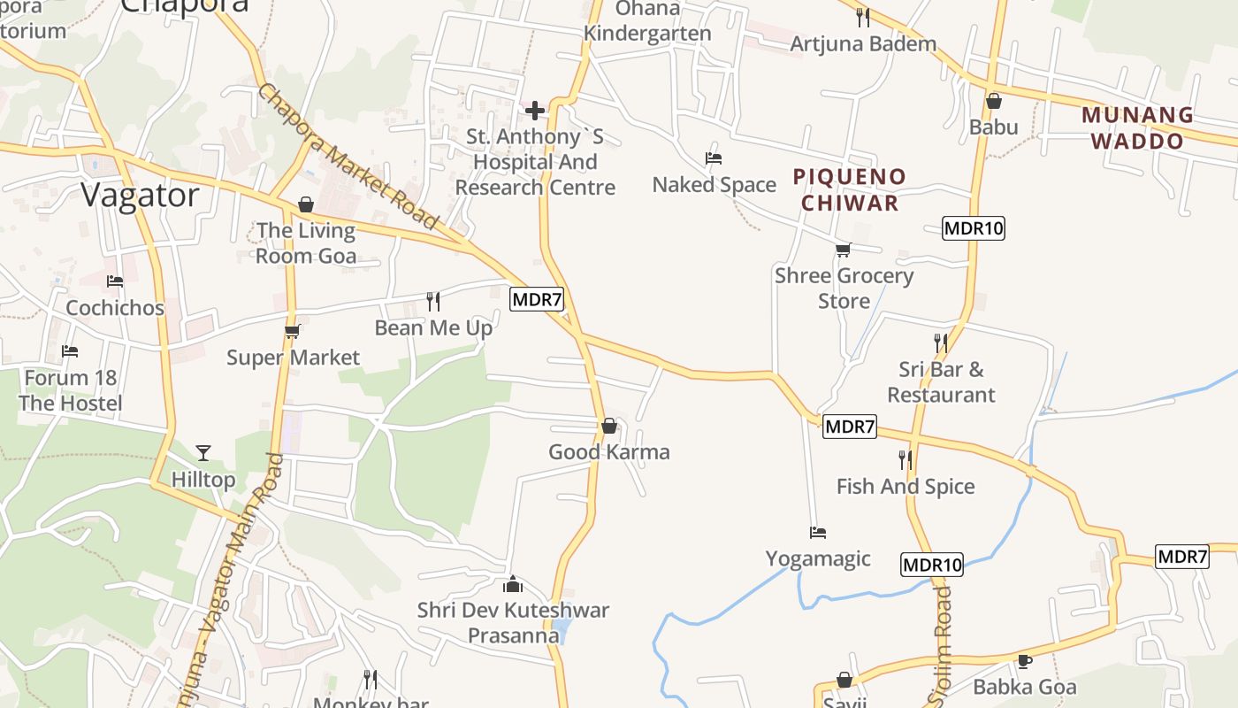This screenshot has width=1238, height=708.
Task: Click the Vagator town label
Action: coord(141,196)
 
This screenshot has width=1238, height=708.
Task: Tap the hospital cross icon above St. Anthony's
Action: coord(535,111)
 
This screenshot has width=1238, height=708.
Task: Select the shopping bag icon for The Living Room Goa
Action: coord(306,204)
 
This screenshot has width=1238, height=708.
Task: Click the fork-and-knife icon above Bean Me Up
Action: coord(433,302)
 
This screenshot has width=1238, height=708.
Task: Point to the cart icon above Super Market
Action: coord(292,332)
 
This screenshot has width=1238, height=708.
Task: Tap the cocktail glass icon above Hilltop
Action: coord(203,453)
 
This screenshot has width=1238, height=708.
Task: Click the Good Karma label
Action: coord(609,452)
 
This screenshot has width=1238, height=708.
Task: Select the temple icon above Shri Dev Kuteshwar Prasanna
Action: coord(512,584)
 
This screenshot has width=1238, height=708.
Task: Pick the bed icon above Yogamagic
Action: coord(818,533)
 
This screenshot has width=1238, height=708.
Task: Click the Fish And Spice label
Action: coord(906,486)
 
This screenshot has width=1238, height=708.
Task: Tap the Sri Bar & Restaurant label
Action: coord(941,382)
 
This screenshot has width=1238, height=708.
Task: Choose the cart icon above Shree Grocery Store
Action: coord(844,250)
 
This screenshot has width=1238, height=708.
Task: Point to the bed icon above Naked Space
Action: coord(714,158)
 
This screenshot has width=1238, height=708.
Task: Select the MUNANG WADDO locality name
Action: coord(1137,128)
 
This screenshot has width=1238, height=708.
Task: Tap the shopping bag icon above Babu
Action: coord(993,101)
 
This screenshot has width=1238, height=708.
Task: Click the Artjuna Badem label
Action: coord(863,43)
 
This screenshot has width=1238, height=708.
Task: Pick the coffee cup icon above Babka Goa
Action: coord(1024,660)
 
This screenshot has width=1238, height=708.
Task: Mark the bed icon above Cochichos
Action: coord(115,281)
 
